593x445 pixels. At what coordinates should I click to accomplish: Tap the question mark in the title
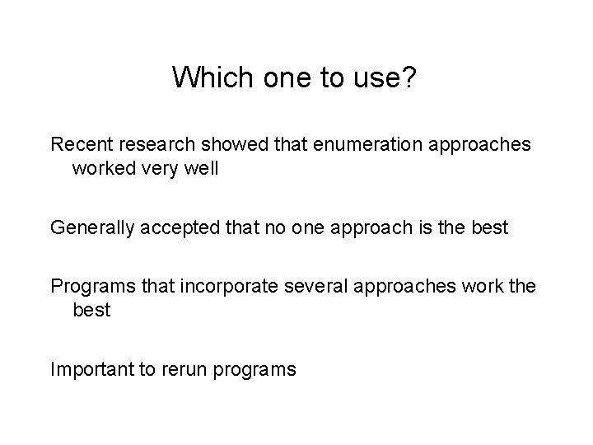(413, 77)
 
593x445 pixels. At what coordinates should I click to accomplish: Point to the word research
(161, 145)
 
